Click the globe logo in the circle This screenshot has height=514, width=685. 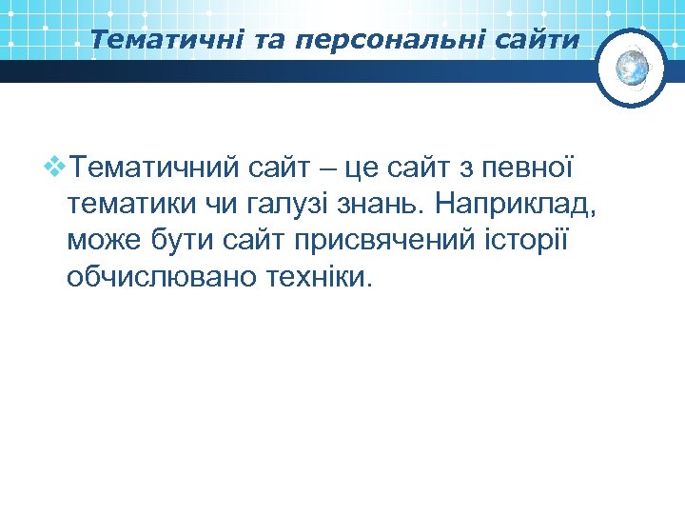(632, 67)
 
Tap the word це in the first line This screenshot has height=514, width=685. (364, 169)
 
